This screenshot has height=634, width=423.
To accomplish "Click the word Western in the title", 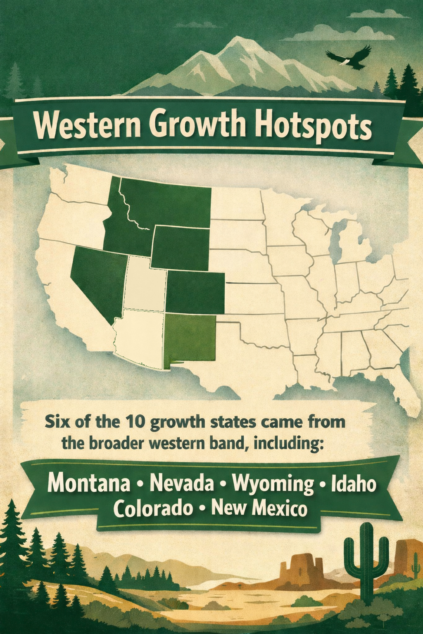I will tap(86, 126).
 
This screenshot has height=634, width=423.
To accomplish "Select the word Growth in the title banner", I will tap(196, 125).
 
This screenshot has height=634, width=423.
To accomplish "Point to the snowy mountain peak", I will tap(237, 45).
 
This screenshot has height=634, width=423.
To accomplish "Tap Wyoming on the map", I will tap(181, 248).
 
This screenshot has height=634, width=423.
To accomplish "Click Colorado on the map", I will tap(195, 291).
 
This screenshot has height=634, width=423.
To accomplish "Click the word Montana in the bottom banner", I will tap(89, 483).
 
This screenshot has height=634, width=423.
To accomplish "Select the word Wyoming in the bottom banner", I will tap(273, 483).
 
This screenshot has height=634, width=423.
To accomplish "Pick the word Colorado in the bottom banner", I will tap(153, 508).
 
